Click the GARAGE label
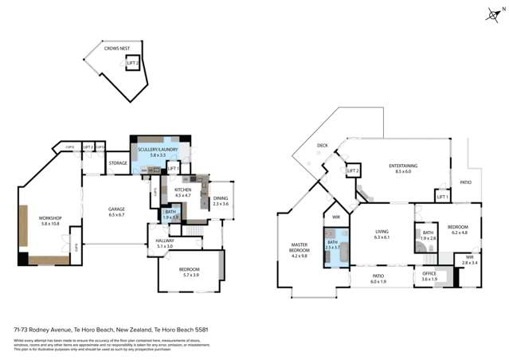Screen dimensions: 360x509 117,209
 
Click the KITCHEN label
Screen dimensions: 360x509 184,190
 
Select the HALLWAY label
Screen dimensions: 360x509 165,241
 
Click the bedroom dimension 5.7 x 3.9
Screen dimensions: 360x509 189,275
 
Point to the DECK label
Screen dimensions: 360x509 322,146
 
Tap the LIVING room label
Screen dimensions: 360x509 381,233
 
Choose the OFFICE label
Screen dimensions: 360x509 429,274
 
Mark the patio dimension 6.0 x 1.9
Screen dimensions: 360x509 378,281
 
